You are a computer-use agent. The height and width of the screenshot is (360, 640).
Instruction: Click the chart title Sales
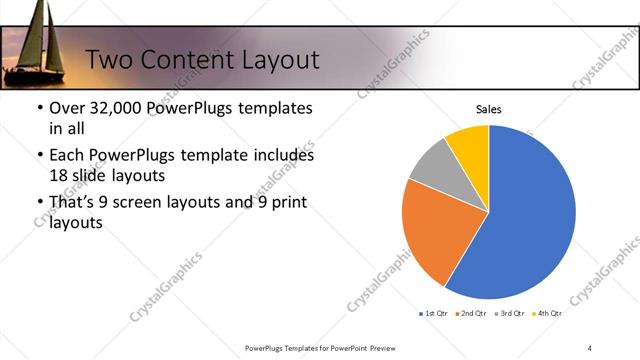pos(488,110)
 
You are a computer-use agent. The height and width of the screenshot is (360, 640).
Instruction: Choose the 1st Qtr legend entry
pos(433,313)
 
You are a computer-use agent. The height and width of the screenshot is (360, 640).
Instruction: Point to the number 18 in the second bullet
pos(60,175)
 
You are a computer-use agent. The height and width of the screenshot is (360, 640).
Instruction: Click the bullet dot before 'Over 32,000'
pos(39,108)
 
